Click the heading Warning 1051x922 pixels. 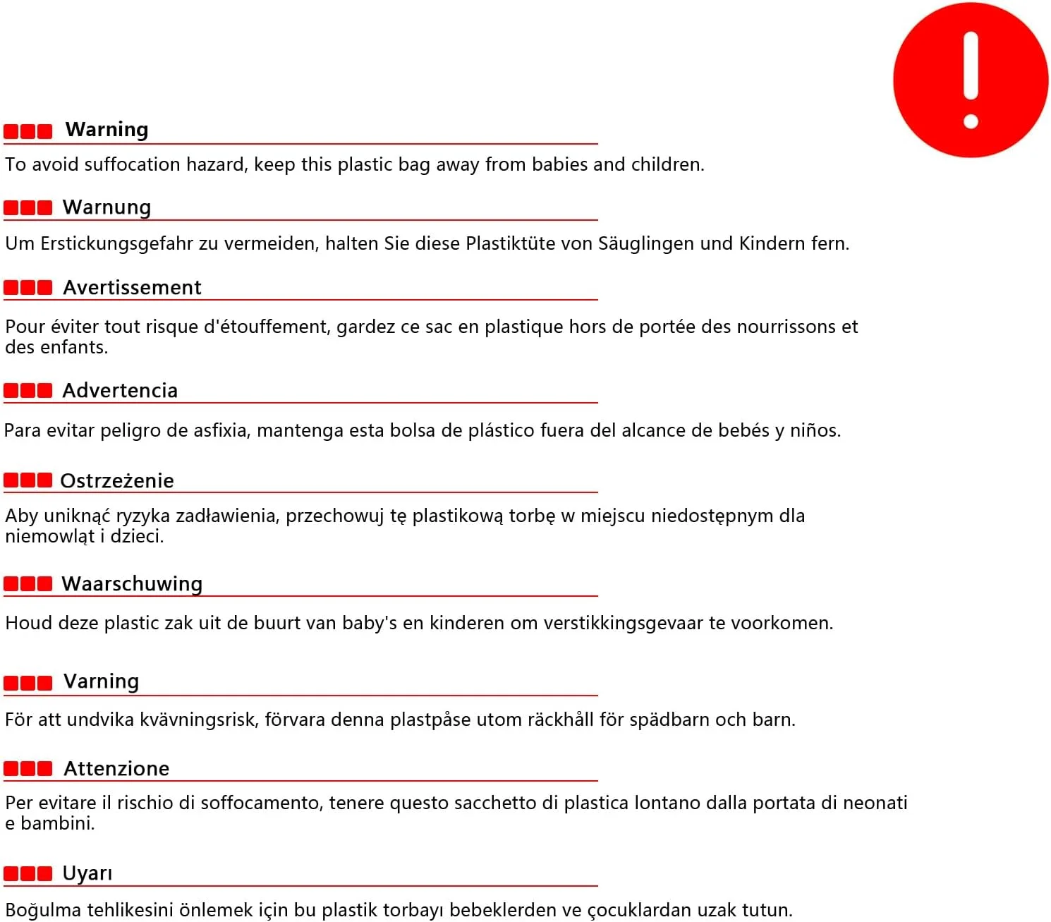[107, 130]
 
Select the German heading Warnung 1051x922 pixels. [107, 207]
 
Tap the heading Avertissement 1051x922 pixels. [132, 288]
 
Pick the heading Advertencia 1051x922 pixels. [120, 391]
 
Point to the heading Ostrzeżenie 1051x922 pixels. [117, 481]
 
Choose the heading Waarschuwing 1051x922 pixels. [132, 584]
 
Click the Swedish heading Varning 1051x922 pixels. [101, 681]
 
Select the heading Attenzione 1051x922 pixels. [116, 769]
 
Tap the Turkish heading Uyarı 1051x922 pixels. [87, 873]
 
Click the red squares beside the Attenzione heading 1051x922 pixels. [28, 769]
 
